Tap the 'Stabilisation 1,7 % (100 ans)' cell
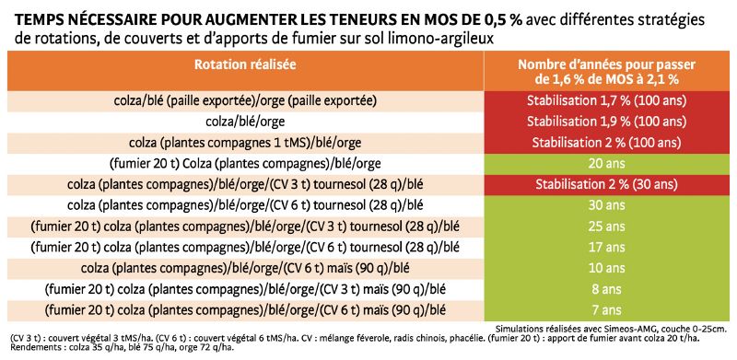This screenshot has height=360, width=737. click(605, 100)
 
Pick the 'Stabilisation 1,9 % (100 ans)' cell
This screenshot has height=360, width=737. click(605, 122)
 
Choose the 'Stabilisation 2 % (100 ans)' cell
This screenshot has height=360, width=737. click(605, 142)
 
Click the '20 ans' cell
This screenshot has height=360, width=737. click(605, 163)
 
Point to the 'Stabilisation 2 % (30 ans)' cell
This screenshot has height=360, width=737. click(605, 183)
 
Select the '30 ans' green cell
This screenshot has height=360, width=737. click(605, 204)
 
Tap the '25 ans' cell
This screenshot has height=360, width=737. click(605, 225)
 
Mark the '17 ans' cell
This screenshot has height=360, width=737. click(605, 246)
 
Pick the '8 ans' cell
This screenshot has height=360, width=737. click(605, 287)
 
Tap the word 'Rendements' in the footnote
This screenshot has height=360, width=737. click(36, 348)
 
